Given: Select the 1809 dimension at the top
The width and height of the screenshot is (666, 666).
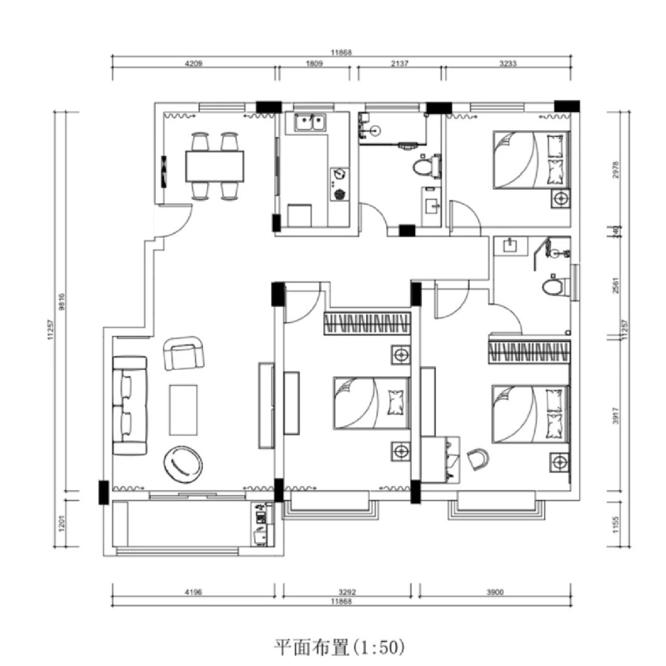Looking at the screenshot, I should point(313,63).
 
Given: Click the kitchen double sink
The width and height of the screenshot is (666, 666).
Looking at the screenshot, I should point(310,123).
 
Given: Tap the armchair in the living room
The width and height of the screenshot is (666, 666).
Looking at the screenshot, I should point(183,354).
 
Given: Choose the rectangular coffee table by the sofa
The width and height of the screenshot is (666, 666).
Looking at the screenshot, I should point(184,409).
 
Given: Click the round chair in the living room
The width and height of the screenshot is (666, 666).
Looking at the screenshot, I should point(183,464).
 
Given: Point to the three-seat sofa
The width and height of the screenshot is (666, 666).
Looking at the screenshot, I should point(129,405).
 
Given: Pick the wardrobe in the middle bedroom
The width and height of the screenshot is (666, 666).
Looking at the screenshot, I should point(367,323).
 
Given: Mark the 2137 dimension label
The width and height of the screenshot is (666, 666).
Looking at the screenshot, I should point(400,63).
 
